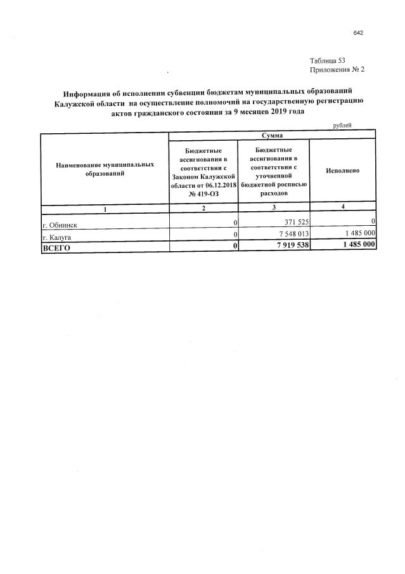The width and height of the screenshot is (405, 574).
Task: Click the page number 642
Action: coord(358,33)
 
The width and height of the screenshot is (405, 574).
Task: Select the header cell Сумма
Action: coord(273,136)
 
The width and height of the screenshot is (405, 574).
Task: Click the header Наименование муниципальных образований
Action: coord(105,169)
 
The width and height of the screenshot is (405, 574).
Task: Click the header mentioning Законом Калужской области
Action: coord(203,171)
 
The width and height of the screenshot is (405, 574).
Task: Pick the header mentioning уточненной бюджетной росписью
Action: coord(274,171)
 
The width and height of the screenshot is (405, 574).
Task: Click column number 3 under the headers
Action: coord(274,208)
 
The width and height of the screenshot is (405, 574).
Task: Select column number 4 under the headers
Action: coord(342,207)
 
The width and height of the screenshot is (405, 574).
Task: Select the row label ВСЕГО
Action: coord(56,247)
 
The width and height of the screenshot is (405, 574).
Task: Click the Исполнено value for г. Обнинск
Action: coord(373,222)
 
